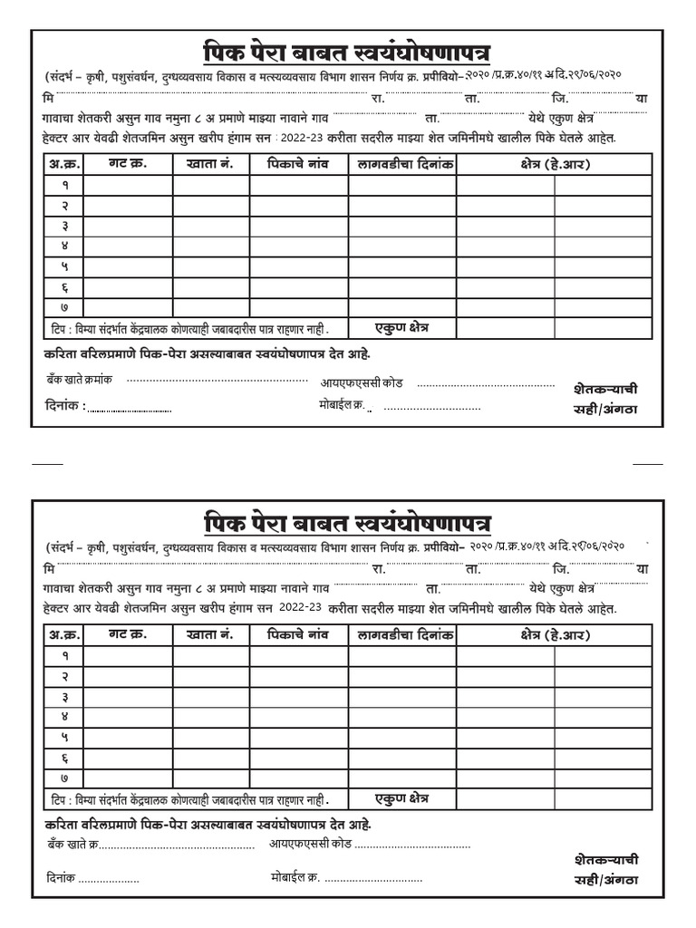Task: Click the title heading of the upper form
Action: click(347, 51)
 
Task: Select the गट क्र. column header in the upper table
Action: click(127, 164)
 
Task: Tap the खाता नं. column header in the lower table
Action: click(210, 634)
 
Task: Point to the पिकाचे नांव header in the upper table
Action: click(297, 164)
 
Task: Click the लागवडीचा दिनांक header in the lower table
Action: click(401, 634)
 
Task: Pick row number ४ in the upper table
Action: click(64, 246)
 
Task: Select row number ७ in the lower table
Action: click(64, 778)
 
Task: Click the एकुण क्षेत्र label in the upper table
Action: click(401, 327)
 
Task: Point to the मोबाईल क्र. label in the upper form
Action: click(341, 405)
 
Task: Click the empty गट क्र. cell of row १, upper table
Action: click(127, 185)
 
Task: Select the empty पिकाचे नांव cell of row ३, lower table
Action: click(297, 696)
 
